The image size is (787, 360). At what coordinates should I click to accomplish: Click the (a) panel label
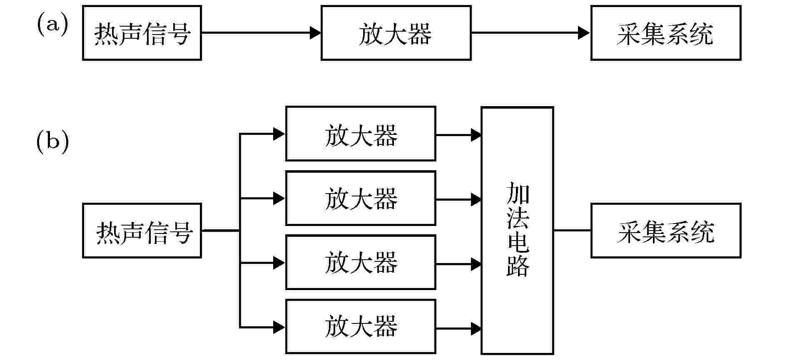click(52, 25)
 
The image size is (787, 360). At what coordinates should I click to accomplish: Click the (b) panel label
click(52, 142)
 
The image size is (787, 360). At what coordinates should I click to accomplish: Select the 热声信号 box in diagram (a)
click(142, 33)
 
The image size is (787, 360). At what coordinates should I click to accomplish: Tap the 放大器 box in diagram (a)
click(396, 33)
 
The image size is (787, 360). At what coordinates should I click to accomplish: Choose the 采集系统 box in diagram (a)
click(666, 33)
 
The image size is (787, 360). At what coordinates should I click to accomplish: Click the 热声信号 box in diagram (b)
click(142, 231)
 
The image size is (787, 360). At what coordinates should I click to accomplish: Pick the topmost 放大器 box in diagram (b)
click(361, 134)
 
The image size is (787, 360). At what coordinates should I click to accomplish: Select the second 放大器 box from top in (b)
click(361, 198)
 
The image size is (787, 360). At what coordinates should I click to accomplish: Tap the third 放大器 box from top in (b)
click(361, 262)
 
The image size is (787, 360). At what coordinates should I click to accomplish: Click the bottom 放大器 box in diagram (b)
click(361, 327)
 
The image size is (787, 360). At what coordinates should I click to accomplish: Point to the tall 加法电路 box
click(518, 231)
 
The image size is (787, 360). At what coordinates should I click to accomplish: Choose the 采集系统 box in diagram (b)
click(666, 231)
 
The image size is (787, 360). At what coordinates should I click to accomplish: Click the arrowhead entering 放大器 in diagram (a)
click(316, 32)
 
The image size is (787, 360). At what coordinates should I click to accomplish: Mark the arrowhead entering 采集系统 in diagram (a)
click(585, 32)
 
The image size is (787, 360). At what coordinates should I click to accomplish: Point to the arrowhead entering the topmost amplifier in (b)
click(280, 134)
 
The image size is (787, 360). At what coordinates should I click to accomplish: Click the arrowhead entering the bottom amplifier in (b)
click(280, 327)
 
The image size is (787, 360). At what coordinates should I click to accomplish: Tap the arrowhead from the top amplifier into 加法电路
click(476, 135)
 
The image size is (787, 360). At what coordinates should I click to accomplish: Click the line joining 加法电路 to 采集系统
click(573, 230)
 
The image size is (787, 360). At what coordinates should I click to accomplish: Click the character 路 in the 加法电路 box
click(518, 266)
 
